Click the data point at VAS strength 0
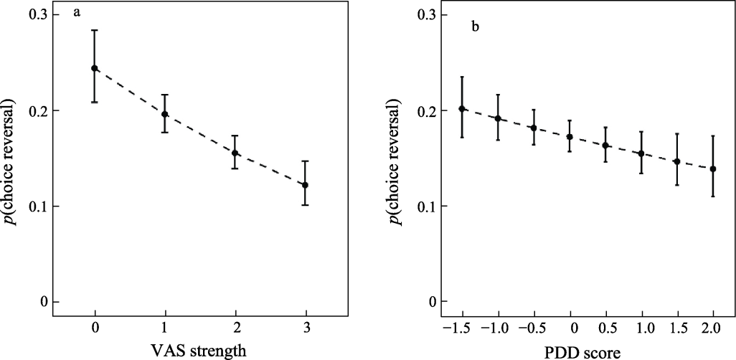tap(95, 68)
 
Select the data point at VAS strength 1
tap(165, 114)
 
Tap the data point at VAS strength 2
tap(235, 153)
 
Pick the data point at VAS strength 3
tap(306, 185)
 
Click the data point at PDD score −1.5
tap(462, 109)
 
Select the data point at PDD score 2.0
tap(713, 169)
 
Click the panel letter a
tap(76, 12)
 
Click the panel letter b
tap(474, 28)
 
